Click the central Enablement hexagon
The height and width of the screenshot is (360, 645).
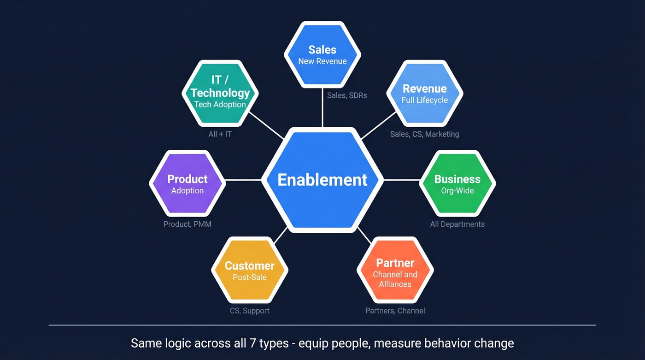322,180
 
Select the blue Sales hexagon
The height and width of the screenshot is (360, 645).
322,54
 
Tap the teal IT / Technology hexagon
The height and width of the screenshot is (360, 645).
220,93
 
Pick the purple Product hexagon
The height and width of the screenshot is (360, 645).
188,183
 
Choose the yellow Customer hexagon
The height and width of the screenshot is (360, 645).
250,271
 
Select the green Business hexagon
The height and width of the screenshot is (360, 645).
457,183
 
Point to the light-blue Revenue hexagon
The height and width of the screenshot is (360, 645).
424,93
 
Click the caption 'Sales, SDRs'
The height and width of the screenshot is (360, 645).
347,95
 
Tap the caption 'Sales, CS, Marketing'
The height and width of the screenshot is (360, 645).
424,134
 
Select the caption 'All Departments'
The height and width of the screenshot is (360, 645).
457,224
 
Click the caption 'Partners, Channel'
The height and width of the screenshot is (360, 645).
395,311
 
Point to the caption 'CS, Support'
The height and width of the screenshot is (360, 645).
250,311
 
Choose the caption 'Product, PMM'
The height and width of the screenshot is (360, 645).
188,224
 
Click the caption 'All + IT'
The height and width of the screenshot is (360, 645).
220,134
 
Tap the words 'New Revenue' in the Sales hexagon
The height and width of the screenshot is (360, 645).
322,61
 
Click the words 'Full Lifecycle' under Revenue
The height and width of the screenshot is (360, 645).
424,100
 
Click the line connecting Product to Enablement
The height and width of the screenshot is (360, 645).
243,180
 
